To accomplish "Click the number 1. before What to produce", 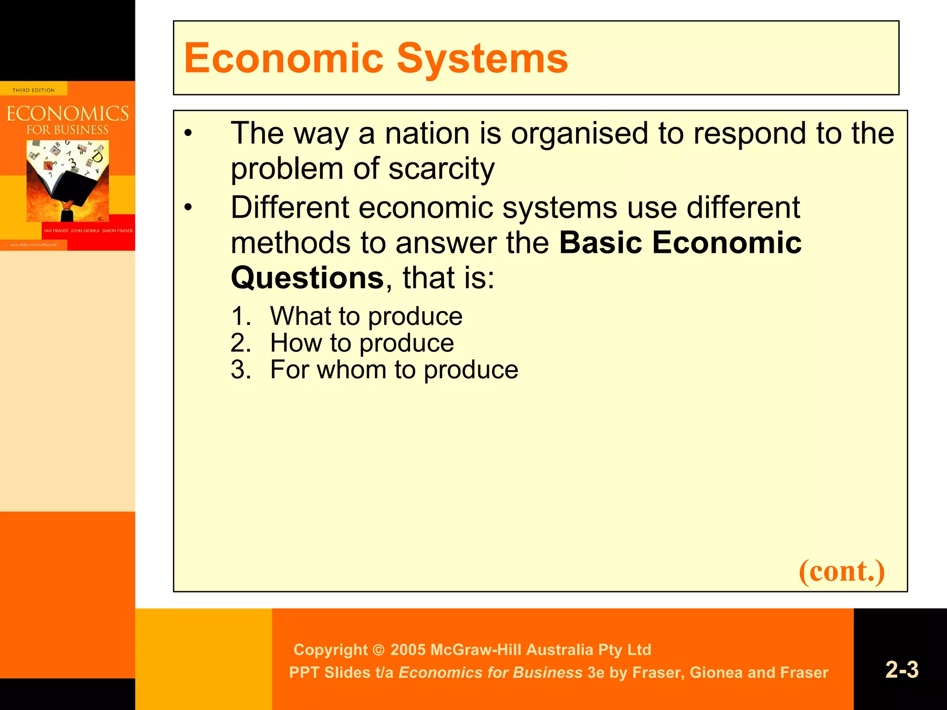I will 241,317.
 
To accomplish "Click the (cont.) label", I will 842,571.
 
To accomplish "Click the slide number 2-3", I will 902,670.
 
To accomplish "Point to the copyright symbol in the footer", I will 378,650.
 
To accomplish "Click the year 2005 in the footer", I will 408,650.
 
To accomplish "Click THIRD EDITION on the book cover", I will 33,90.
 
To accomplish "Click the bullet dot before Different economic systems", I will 187,208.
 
